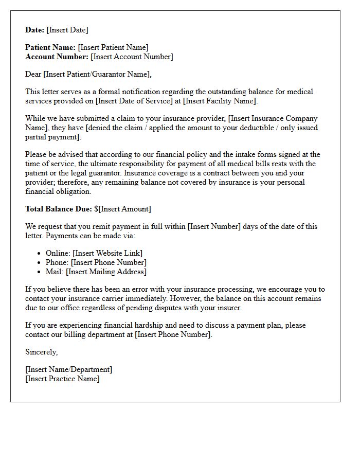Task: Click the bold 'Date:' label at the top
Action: [x=35, y=30]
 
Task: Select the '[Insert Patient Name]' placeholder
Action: [x=113, y=47]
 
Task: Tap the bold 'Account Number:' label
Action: [x=57, y=57]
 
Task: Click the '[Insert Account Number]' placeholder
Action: [x=132, y=57]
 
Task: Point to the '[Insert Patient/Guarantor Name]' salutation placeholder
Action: [x=98, y=74]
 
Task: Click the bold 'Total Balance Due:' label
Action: [x=59, y=209]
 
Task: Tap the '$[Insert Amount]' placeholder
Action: [x=122, y=209]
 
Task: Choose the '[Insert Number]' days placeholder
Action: [x=214, y=226]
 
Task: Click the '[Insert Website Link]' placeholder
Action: [x=107, y=253]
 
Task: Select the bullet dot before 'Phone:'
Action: [x=40, y=262]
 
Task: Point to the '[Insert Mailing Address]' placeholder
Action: [x=106, y=272]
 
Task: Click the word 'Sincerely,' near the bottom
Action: [x=42, y=352]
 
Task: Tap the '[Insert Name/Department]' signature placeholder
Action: [x=68, y=369]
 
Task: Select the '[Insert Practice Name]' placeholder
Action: [x=62, y=379]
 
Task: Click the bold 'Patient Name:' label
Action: [x=50, y=47]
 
